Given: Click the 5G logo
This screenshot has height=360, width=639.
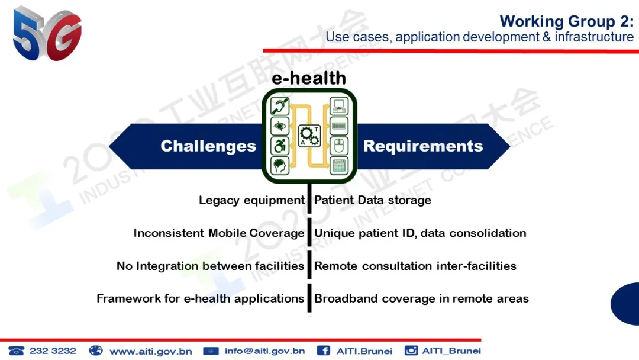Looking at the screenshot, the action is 47,34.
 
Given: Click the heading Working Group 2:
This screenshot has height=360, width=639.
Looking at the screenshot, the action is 566,21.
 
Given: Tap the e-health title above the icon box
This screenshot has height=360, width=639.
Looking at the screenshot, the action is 308,78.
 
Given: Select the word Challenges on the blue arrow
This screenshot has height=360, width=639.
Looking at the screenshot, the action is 208,146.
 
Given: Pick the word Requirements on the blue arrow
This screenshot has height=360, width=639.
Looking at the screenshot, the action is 423,146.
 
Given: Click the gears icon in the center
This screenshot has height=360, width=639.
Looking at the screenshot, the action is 309,136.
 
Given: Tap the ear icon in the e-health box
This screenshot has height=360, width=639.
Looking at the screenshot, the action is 280,107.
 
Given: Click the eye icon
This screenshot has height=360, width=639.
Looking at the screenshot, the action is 280,126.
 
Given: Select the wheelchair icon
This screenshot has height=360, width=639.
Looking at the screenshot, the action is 280,146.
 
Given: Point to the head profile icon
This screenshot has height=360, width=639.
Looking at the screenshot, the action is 280,166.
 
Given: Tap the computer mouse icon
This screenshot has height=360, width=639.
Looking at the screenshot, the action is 338,146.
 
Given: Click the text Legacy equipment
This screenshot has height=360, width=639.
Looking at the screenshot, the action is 251,200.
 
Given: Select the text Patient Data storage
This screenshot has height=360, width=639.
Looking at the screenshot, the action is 373,200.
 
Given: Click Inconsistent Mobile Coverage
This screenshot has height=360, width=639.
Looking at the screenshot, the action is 219,233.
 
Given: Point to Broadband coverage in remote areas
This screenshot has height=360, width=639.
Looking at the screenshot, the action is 421,299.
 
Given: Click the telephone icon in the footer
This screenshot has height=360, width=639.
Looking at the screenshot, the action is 17,351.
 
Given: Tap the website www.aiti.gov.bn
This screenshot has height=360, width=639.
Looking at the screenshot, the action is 151,352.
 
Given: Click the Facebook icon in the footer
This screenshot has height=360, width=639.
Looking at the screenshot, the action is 324,351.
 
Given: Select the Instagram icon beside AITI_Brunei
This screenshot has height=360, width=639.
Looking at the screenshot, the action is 411,351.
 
